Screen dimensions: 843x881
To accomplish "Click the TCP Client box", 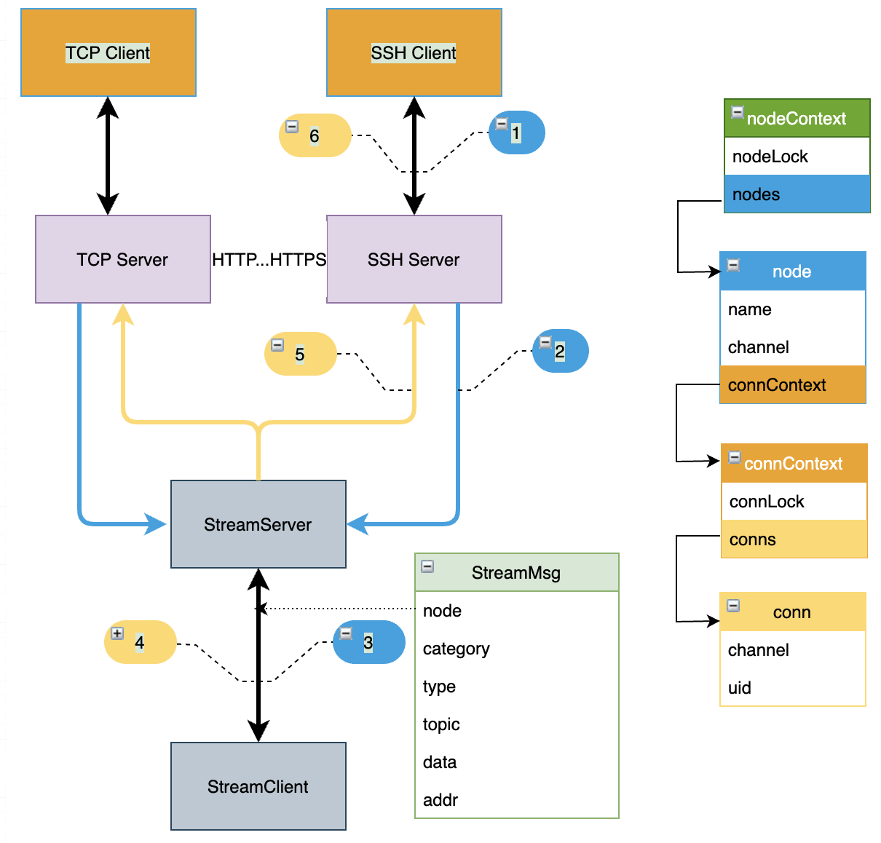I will click(x=108, y=52).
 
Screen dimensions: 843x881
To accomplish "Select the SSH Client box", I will click(x=414, y=52).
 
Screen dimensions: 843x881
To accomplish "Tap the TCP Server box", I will click(x=122, y=259).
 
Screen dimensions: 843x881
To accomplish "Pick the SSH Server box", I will click(x=414, y=259).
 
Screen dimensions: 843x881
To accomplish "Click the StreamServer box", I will click(x=258, y=524).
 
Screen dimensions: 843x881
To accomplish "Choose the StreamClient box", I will click(x=258, y=786).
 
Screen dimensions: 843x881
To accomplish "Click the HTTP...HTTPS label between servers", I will click(x=269, y=259).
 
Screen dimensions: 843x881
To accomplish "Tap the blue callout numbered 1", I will click(x=517, y=132).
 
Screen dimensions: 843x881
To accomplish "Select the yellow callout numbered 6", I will click(x=315, y=135).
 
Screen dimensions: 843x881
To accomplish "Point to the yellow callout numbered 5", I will click(x=301, y=354).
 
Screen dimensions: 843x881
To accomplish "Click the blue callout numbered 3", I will click(x=369, y=642).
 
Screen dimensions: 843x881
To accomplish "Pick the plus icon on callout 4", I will click(x=117, y=633).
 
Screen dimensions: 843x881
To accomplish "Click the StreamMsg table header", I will click(x=516, y=573).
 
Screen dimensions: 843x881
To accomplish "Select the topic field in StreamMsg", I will click(x=442, y=724).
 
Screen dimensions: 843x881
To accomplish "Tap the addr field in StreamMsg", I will click(x=440, y=800).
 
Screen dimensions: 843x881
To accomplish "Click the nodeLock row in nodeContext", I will click(x=770, y=157).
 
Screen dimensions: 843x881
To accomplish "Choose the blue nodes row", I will click(x=797, y=194).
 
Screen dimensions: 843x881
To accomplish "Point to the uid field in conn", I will click(x=740, y=688).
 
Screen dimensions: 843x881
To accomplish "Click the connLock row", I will click(x=767, y=502).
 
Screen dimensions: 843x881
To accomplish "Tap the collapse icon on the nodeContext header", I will click(x=737, y=112).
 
